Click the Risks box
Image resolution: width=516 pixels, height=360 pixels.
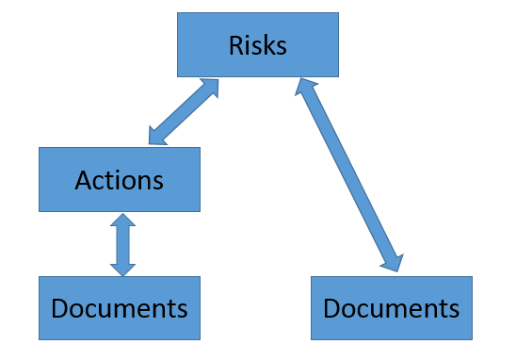(x=257, y=44)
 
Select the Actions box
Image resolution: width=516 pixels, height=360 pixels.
(x=119, y=179)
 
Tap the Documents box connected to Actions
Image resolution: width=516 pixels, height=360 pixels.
(x=119, y=308)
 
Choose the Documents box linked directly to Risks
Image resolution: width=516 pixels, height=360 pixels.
(x=391, y=308)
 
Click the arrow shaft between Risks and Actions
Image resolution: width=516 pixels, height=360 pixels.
(x=184, y=112)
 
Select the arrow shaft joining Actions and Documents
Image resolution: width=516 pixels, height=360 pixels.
(x=122, y=245)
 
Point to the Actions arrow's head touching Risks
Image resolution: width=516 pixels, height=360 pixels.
(x=209, y=88)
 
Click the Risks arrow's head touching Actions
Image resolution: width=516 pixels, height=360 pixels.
(x=158, y=137)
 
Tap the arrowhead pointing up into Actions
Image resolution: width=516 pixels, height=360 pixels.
(x=122, y=222)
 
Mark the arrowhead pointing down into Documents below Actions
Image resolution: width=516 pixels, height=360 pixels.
(x=122, y=268)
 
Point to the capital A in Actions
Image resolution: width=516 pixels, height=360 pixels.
(x=83, y=179)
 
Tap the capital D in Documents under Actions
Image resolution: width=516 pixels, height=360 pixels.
(x=60, y=308)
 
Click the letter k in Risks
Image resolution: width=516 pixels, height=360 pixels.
(x=268, y=44)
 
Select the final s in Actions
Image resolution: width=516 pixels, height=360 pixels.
(x=157, y=180)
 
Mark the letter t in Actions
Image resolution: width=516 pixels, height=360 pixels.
(x=110, y=179)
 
